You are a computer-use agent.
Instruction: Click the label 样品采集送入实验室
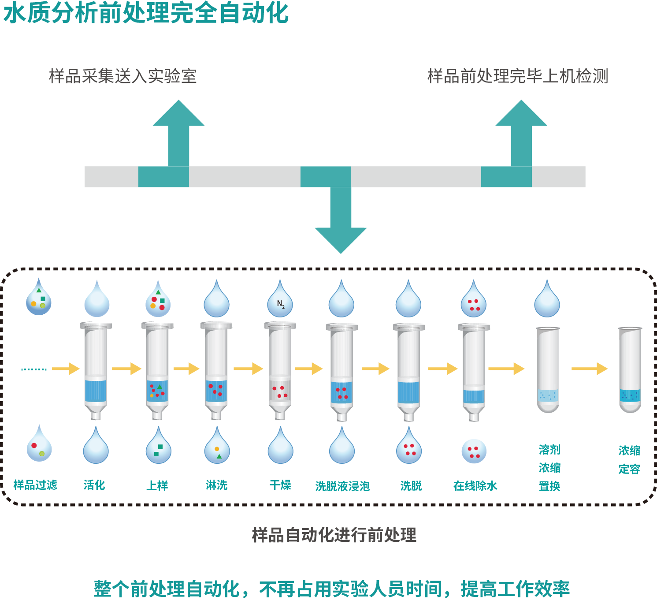pyautogui.click(x=122, y=76)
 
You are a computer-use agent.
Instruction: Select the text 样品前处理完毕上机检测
pyautogui.click(x=517, y=76)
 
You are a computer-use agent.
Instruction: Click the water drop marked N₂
pyautogui.click(x=280, y=302)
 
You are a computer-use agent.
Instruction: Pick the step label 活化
pyautogui.click(x=94, y=485)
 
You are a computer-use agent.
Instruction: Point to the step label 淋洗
pyautogui.click(x=216, y=485)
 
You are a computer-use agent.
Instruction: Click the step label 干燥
pyautogui.click(x=280, y=485)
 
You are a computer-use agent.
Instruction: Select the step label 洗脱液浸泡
pyautogui.click(x=342, y=486)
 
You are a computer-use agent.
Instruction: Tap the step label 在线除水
pyautogui.click(x=475, y=486)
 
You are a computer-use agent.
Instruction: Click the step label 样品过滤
pyautogui.click(x=35, y=485)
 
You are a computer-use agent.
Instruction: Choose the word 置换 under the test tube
pyautogui.click(x=549, y=486)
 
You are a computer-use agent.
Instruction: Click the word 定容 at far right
pyautogui.click(x=629, y=469)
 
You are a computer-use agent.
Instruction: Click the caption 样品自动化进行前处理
pyautogui.click(x=334, y=535)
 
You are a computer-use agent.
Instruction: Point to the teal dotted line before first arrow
pyautogui.click(x=34, y=369)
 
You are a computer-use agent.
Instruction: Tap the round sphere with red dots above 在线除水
pyautogui.click(x=474, y=451)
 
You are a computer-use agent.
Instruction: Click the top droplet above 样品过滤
pyautogui.click(x=39, y=298)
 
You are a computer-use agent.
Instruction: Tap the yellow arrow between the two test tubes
pyautogui.click(x=589, y=369)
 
